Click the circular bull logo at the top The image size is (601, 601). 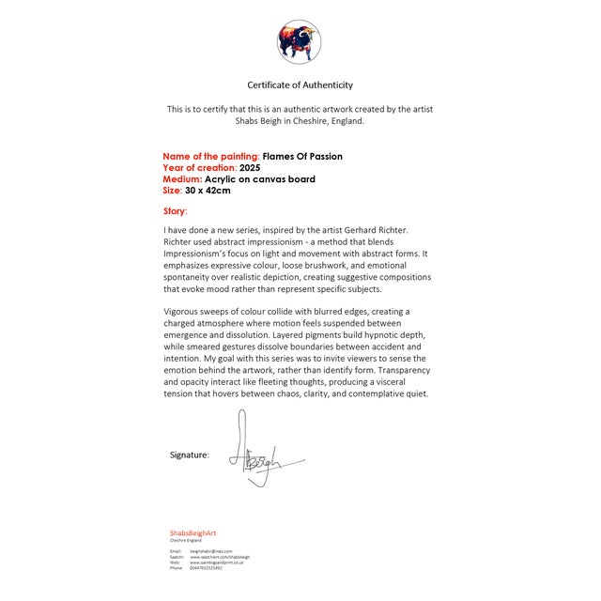[300, 41]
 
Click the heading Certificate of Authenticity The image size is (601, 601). [300, 85]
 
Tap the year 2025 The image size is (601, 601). [250, 167]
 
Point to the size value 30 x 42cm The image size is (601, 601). [208, 190]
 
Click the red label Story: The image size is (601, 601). [175, 211]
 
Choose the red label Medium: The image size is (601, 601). [182, 178]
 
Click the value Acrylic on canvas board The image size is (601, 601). [260, 178]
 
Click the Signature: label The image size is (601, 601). [190, 455]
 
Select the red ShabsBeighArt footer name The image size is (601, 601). [193, 532]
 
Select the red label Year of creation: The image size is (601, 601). [200, 167]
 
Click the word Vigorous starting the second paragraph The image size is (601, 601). [185, 311]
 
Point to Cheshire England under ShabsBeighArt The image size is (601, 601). [185, 541]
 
